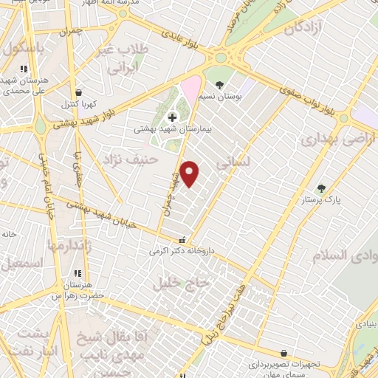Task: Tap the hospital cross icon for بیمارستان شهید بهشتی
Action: pyautogui.click(x=172, y=117)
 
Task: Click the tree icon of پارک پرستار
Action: pyautogui.click(x=320, y=188)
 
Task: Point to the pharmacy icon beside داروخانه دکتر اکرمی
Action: pyautogui.click(x=182, y=240)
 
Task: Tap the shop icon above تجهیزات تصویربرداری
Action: pyautogui.click(x=283, y=354)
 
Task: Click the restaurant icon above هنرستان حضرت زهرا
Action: pyautogui.click(x=78, y=274)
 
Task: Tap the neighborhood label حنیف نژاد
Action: pyautogui.click(x=131, y=159)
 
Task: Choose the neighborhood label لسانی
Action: pyautogui.click(x=236, y=159)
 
